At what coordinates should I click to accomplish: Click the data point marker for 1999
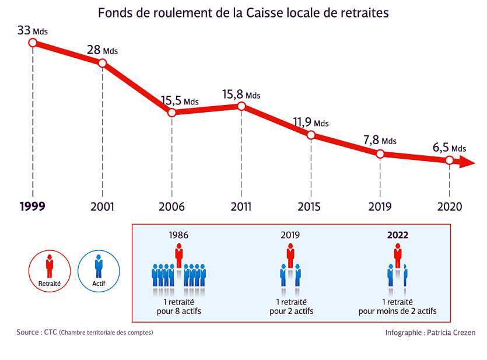point(33,43)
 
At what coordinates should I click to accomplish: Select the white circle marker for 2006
point(171,113)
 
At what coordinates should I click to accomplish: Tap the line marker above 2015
point(311,135)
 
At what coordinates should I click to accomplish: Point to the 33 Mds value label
point(32,30)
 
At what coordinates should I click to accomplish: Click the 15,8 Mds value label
point(241,95)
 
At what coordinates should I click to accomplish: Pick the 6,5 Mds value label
point(449,148)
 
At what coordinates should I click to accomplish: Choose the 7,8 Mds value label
point(380,141)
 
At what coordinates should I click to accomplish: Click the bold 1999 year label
point(32,207)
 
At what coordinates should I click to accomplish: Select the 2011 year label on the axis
point(241,207)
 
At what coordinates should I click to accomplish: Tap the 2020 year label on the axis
point(449,207)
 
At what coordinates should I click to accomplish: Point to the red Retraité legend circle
point(50,270)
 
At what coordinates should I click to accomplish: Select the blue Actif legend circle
point(99,270)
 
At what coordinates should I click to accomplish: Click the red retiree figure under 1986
point(179,256)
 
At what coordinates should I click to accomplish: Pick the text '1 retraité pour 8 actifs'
point(178,306)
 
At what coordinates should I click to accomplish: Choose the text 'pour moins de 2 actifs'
point(398,312)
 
